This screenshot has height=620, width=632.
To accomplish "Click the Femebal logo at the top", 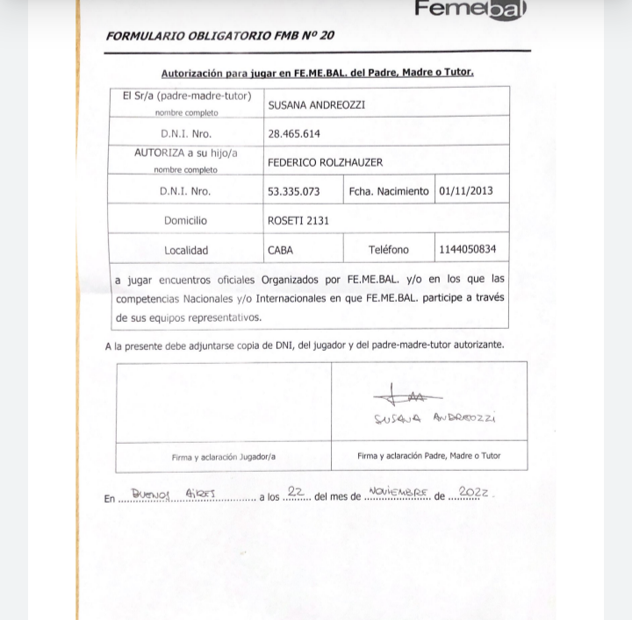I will point(470,10).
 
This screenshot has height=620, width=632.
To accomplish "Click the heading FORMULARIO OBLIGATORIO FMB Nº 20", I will point(219,36).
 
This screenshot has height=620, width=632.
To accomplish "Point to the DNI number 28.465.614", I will point(294,134).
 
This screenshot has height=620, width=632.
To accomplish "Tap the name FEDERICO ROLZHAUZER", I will point(325,162).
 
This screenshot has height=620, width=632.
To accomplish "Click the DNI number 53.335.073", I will point(293,191).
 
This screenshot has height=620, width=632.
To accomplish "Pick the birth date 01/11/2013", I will point(466,190).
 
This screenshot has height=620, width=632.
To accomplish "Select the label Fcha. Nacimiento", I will point(389,191).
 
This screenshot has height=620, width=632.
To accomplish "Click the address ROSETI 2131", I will point(298,221).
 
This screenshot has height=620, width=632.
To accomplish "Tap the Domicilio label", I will point(185,221).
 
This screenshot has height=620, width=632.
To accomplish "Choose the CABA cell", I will point(280,250).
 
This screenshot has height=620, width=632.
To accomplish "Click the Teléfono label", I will point(388,250).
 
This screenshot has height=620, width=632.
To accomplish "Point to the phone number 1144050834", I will point(468,249).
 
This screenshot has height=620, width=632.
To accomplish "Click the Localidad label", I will point(186,250).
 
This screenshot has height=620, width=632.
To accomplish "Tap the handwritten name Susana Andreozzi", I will point(434,418).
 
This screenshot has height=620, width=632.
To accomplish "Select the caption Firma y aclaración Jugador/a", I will point(223,456).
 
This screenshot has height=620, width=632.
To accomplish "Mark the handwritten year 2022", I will point(473,493).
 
